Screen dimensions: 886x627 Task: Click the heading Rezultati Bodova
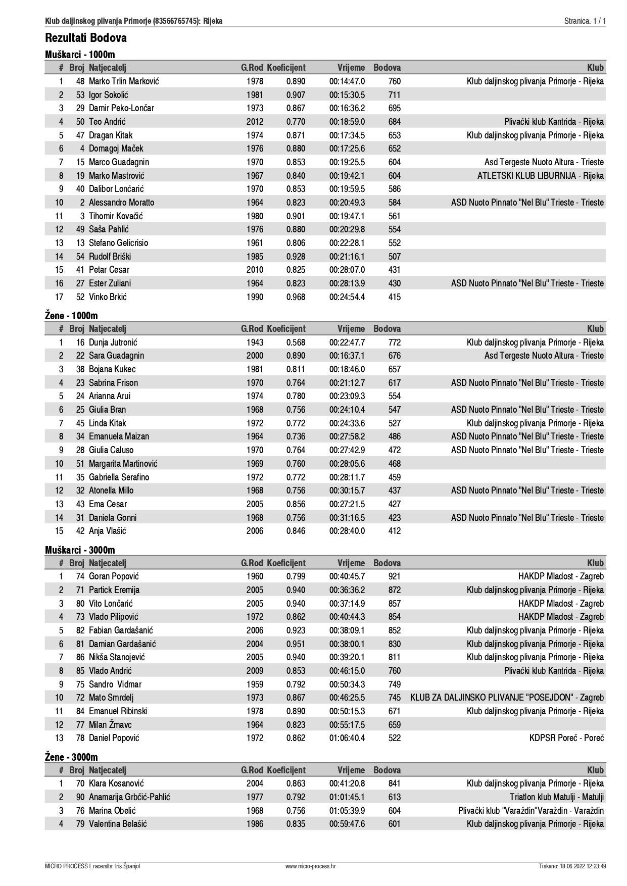click(86, 38)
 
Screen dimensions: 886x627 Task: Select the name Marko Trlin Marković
click(124, 81)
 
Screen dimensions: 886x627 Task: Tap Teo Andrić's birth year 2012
click(255, 122)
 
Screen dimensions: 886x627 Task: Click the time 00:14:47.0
click(347, 81)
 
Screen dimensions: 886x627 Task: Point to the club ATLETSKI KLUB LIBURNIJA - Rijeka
click(540, 176)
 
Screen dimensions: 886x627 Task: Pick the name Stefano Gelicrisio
click(119, 243)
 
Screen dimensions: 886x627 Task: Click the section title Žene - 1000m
click(71, 316)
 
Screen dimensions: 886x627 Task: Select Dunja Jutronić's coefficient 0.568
click(296, 342)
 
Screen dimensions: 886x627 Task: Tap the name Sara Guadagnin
click(116, 356)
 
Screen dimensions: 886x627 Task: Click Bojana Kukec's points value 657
click(394, 369)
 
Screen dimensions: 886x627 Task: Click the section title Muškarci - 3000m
click(80, 550)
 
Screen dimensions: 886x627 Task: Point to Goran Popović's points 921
click(394, 576)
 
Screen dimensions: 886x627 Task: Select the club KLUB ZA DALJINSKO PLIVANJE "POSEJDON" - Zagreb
click(507, 698)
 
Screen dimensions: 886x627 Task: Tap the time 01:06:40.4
click(347, 738)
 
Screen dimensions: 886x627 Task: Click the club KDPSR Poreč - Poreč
click(566, 738)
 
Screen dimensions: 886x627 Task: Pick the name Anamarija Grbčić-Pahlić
click(129, 797)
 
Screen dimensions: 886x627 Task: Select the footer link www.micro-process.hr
click(310, 866)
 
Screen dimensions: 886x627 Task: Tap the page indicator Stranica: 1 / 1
click(585, 21)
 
